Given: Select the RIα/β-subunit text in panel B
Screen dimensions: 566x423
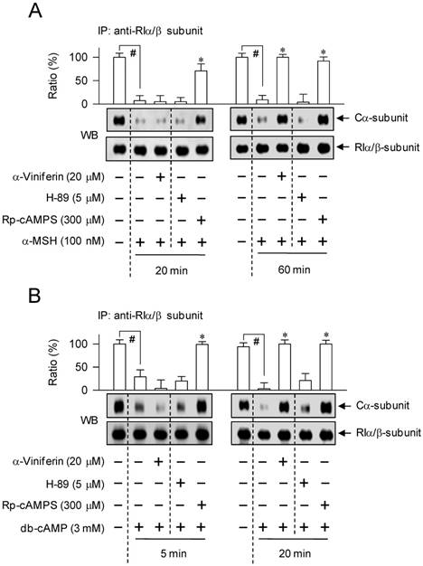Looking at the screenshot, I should click(x=379, y=434).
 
